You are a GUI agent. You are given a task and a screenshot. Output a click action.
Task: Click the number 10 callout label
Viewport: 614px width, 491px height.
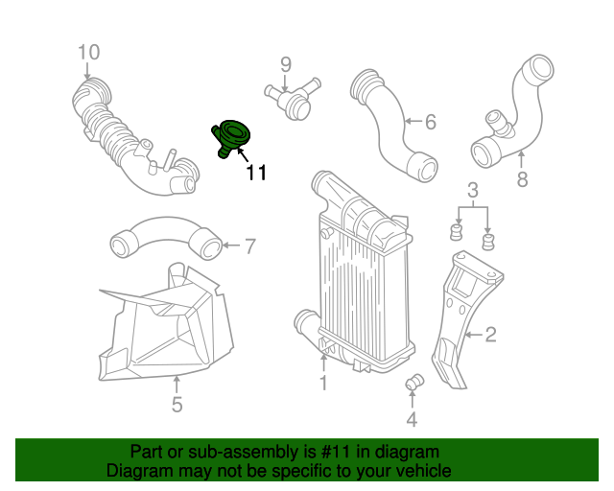[88, 52]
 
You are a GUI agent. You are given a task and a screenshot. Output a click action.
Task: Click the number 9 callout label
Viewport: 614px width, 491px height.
[285, 64]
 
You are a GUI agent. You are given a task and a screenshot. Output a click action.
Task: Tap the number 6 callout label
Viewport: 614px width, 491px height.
[430, 122]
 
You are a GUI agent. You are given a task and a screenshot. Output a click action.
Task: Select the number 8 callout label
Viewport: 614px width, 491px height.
[522, 178]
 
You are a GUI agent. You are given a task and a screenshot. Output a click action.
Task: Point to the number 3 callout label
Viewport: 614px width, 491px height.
[473, 189]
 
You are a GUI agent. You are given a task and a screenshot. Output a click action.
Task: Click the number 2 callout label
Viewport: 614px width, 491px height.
[490, 335]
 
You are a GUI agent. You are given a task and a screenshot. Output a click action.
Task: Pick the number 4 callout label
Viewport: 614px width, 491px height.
[412, 419]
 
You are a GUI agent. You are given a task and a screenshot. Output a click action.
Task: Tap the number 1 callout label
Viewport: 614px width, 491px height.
[323, 384]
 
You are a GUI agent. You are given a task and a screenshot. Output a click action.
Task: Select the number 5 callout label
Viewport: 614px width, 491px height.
[177, 405]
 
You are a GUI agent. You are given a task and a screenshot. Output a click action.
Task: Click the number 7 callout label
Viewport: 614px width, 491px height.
[249, 247]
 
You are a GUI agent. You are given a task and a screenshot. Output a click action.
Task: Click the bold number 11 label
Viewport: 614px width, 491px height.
[255, 173]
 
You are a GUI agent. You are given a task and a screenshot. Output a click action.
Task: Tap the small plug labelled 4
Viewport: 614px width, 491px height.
[415, 384]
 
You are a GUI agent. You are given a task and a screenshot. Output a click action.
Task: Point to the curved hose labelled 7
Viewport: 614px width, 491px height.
[163, 236]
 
